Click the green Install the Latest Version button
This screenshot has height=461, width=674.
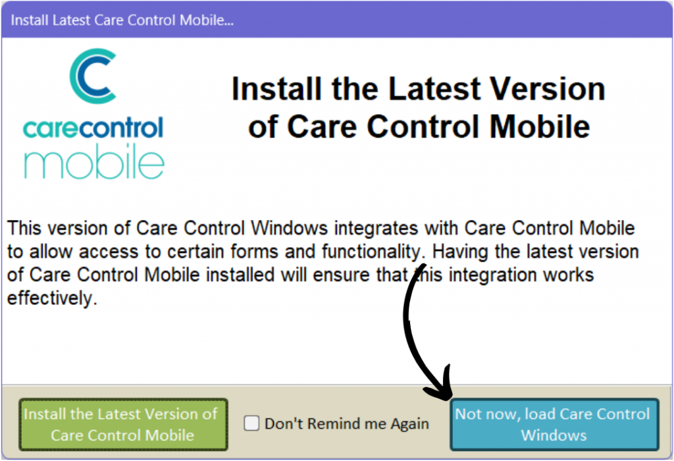tap(123, 424)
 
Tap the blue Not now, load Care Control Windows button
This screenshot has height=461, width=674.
tap(554, 424)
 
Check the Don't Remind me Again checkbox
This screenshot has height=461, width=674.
tap(251, 423)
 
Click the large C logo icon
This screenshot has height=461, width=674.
tap(93, 76)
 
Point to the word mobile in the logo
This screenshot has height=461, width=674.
tap(93, 161)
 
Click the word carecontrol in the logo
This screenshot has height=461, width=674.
tap(93, 128)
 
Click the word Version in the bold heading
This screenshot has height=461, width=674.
tap(548, 89)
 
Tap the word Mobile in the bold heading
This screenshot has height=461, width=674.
tap(540, 127)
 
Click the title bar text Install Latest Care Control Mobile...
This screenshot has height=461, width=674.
tap(122, 20)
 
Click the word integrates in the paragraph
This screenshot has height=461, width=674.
tap(376, 229)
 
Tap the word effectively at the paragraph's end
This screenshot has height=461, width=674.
tap(52, 298)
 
